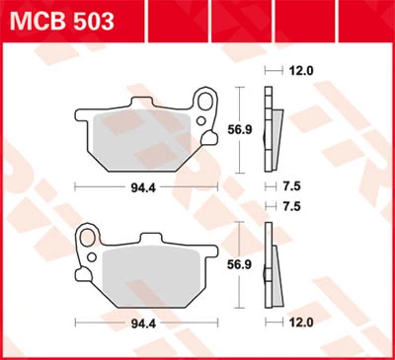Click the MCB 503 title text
[x=62, y=21]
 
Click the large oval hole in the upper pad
[x=205, y=102]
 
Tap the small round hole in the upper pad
[x=201, y=121]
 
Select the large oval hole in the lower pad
[x=88, y=238]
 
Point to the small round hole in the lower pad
[x=92, y=257]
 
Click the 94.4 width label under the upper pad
[x=143, y=188]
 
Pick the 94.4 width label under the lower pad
[x=143, y=324]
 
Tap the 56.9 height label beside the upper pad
[x=240, y=129]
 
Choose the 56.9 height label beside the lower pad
[x=239, y=264]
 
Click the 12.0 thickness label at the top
[x=301, y=70]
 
